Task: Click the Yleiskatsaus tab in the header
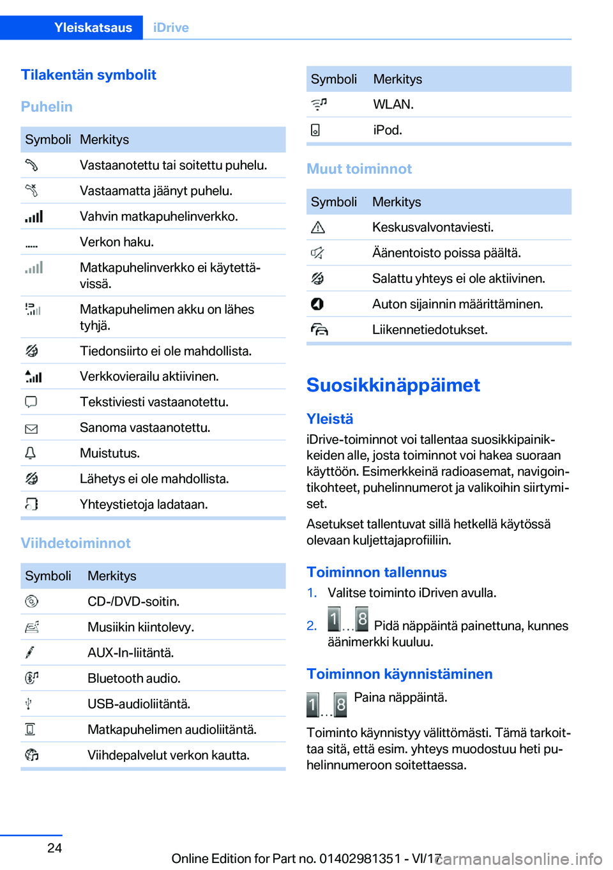(x=93, y=27)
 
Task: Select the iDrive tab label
(x=170, y=27)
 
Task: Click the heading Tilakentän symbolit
(x=88, y=75)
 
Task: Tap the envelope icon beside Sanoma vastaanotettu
(x=31, y=429)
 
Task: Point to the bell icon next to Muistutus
(x=30, y=454)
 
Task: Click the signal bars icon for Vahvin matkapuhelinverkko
(x=34, y=217)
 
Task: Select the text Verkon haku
(x=116, y=242)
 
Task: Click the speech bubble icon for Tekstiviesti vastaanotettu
(x=31, y=402)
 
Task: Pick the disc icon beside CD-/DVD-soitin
(x=31, y=602)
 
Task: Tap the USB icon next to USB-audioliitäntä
(x=29, y=704)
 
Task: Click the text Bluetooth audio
(x=133, y=678)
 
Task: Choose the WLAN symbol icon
(x=319, y=104)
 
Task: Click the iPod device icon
(x=315, y=130)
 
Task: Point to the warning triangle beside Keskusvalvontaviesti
(x=317, y=227)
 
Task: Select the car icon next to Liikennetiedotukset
(x=319, y=330)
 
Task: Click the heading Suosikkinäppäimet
(x=393, y=385)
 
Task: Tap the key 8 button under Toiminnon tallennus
(x=361, y=619)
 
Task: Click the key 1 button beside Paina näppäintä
(x=313, y=705)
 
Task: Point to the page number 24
(x=55, y=848)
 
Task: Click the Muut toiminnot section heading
(x=359, y=169)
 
